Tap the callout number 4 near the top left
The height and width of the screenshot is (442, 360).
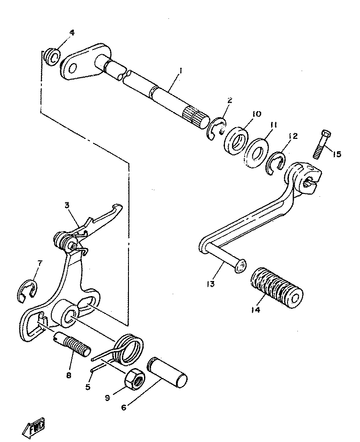pyautogui.click(x=72, y=32)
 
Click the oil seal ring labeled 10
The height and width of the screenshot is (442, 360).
pyautogui.click(x=235, y=139)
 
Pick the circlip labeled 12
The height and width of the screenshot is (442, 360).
pyautogui.click(x=275, y=163)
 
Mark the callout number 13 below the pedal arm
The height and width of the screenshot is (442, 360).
pyautogui.click(x=210, y=283)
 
